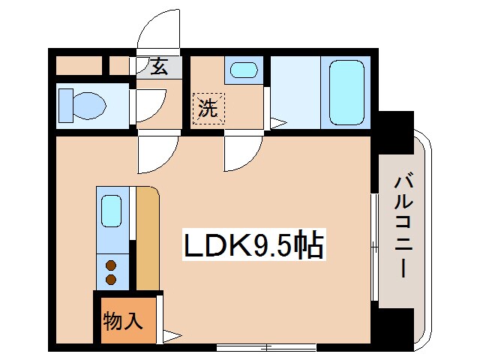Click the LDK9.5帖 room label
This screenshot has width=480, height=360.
click(253, 244)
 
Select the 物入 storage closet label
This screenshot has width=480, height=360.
click(123, 320)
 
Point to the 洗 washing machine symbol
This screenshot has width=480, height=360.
click(208, 108)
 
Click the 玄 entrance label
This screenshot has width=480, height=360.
click(159, 67)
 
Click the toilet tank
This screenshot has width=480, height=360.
click(66, 106)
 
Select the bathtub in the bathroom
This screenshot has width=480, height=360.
click(346, 93)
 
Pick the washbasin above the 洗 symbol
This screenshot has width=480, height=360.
click(244, 70)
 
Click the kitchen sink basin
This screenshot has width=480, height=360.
click(111, 211)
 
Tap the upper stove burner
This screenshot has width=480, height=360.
click(111, 265)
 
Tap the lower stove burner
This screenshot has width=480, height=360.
click(111, 279)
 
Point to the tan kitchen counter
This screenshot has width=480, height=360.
click(148, 238)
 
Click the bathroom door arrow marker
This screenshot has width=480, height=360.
click(278, 123)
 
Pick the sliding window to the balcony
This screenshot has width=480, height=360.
click(374, 247)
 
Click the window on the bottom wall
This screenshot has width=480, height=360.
click(266, 347)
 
